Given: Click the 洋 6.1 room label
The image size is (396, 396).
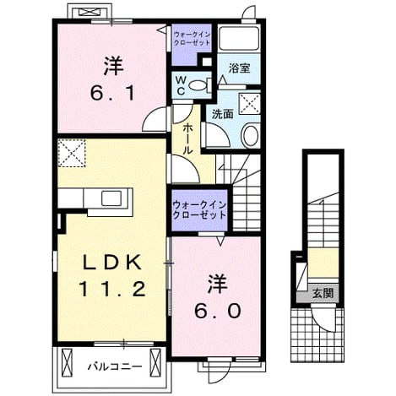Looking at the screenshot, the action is coord(113,79).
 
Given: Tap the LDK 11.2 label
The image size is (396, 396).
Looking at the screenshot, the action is coord(111,277).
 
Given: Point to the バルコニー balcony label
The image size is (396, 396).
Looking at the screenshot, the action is coord(115,366).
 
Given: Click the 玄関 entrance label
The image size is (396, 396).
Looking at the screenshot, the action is coord(323,293).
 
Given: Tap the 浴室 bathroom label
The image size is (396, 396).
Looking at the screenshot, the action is coord(240,68).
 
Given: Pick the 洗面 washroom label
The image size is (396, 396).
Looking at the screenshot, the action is coord(223,114).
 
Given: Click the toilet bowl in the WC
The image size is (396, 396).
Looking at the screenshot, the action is coord(199,85).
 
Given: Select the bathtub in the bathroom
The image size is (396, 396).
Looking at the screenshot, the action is coord(239,39).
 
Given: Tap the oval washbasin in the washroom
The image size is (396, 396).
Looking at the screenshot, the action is coord(250,136).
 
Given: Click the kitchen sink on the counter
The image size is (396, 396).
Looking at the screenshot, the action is coord(111,198).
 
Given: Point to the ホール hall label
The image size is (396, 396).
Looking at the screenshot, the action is coord(187,139).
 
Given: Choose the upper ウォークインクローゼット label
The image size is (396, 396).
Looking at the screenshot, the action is coord(192,39).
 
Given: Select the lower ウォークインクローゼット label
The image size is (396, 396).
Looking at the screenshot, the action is coord(199,210).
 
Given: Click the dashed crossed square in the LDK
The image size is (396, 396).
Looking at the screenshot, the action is coord(72,153).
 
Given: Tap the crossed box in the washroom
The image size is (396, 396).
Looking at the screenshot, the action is coord(250,104).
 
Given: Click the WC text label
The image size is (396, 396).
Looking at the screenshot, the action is coord(181,85).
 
